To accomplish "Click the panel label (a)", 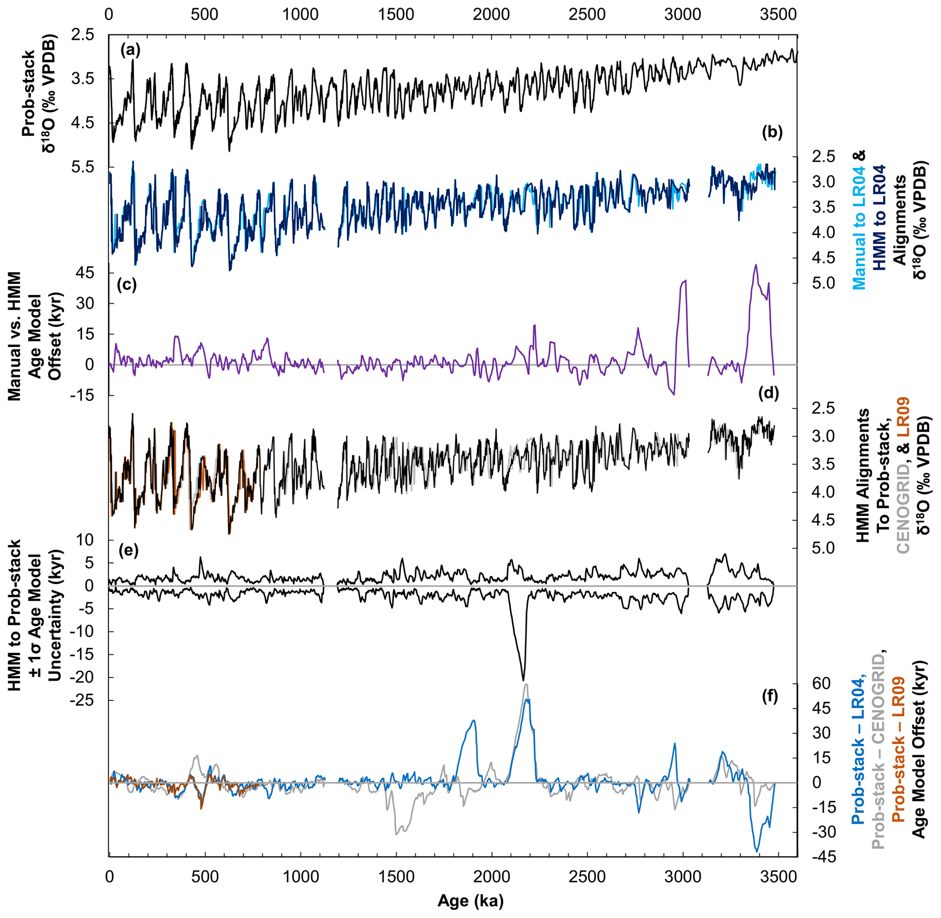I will click(131, 50).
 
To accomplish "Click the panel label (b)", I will click(772, 132).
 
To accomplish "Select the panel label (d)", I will click(768, 393).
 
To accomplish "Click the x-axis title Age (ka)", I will click(470, 901).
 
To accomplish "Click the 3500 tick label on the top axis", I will click(778, 15).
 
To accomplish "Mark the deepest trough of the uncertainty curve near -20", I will click(524, 680).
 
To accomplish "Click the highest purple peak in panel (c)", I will click(756, 265).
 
